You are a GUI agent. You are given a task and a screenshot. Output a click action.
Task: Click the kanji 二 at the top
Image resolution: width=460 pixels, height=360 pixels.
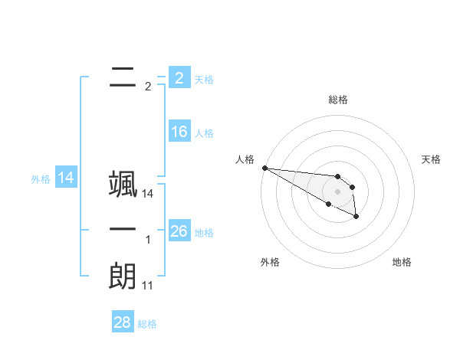[x=122, y=77]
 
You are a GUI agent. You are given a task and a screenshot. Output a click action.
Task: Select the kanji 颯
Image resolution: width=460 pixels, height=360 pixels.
[x=122, y=185]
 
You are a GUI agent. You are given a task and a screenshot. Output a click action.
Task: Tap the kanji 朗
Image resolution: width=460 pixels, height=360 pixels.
[x=122, y=276]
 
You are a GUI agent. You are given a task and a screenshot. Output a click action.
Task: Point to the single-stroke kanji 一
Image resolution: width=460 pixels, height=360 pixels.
[x=122, y=230]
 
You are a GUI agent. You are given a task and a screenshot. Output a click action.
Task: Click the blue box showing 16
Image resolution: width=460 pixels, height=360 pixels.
[x=179, y=132]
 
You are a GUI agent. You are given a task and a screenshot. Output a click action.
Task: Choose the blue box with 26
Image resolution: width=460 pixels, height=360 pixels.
[x=179, y=231]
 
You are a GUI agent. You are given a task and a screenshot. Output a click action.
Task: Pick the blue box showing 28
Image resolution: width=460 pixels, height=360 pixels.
[x=123, y=322]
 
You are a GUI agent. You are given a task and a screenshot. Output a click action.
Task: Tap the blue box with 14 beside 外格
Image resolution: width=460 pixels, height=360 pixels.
[x=66, y=178]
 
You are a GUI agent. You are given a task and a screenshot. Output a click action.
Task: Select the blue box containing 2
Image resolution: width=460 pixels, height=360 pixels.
[x=179, y=77]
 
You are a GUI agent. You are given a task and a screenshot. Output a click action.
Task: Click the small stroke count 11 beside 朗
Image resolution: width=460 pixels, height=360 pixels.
[x=148, y=286]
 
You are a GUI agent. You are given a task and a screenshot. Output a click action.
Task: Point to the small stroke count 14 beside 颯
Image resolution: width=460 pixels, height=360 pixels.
[x=148, y=195]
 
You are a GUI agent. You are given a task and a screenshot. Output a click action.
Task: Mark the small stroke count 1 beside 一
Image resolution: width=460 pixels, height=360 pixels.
[x=148, y=240]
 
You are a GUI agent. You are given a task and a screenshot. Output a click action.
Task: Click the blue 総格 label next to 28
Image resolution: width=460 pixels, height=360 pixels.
[x=147, y=324]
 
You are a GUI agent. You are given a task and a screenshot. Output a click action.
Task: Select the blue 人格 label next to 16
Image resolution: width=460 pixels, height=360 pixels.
[x=204, y=133]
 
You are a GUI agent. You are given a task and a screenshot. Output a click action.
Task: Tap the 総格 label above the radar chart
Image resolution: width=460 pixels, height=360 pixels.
[x=338, y=100]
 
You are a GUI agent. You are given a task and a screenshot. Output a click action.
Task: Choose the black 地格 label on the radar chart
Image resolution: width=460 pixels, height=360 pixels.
[x=402, y=263]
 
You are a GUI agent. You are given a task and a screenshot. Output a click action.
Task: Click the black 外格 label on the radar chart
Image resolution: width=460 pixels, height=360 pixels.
[x=270, y=263]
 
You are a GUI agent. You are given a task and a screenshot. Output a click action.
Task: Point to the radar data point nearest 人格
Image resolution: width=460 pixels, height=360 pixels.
[x=264, y=168]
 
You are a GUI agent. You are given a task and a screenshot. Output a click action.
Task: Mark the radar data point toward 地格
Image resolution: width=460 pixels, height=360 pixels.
[x=357, y=217]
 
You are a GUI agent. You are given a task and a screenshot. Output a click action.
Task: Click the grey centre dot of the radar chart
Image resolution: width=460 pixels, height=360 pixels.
[x=338, y=191]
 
